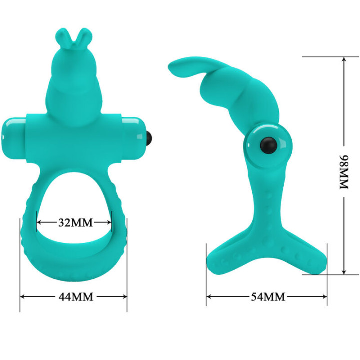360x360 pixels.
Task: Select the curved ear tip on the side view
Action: pos(175,67)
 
